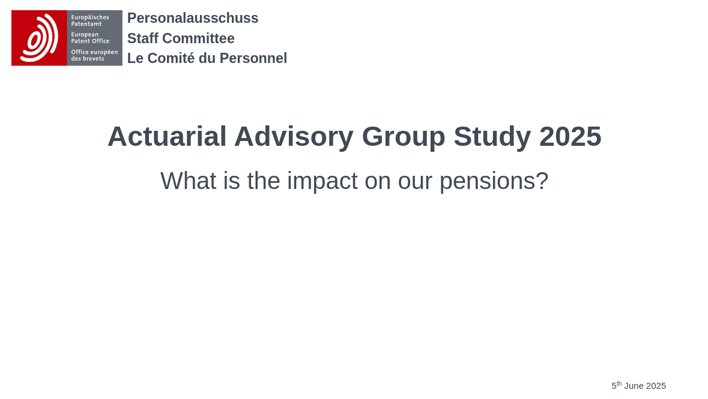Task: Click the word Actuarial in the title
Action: point(167,136)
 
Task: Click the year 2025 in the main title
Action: point(570,136)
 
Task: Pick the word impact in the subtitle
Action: point(322,181)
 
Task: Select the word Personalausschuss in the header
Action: point(193,18)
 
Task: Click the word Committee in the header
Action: point(198,38)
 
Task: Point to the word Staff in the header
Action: point(143,38)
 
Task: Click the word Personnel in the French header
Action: point(253,58)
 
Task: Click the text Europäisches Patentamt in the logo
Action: point(90,21)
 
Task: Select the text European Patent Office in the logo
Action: point(90,38)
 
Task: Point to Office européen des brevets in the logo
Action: point(94,55)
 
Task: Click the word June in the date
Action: point(634,386)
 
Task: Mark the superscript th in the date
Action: point(619,383)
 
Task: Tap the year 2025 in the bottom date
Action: point(656,386)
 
